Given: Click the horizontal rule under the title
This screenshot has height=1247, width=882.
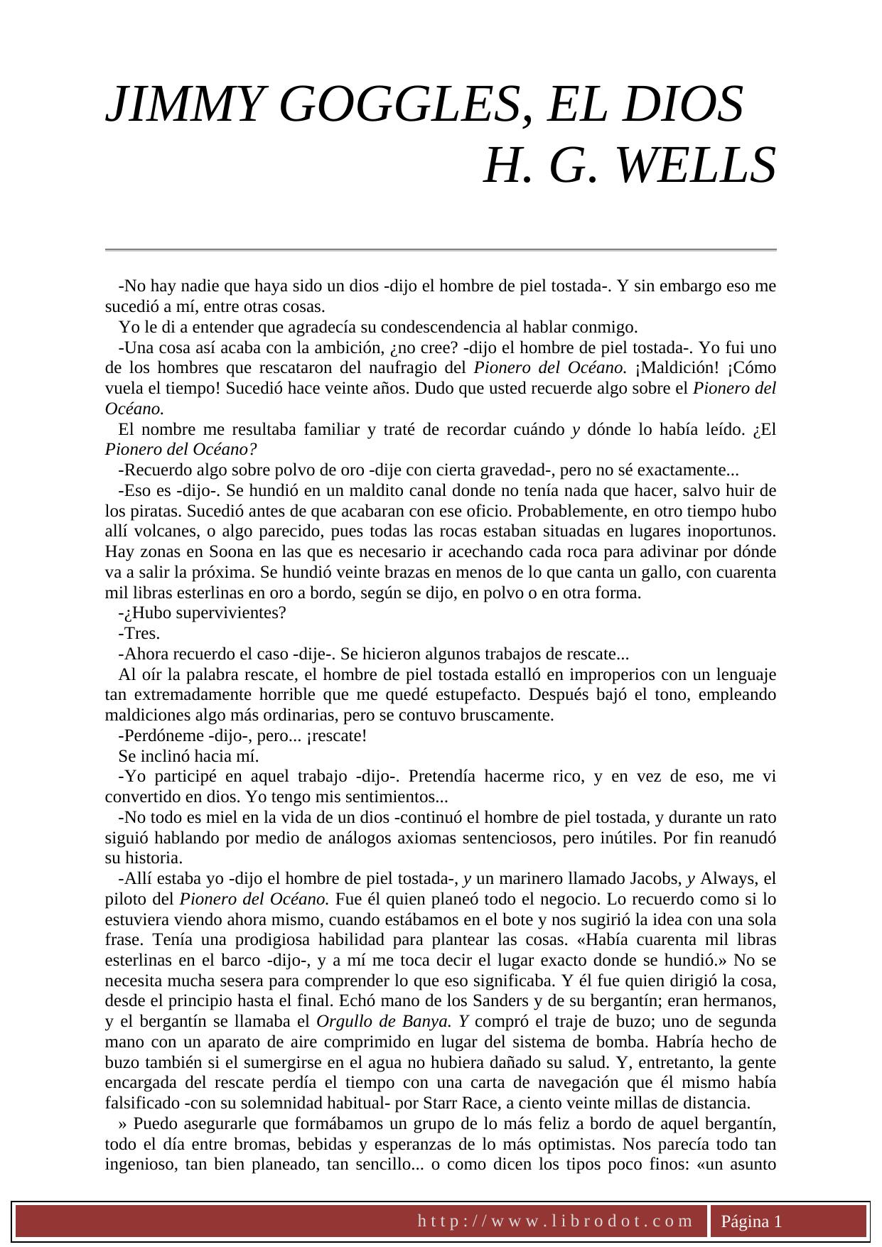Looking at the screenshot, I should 441,250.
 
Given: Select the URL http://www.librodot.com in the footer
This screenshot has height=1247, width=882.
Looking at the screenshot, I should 554,1221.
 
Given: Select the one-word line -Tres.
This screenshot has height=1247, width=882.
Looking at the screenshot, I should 139,634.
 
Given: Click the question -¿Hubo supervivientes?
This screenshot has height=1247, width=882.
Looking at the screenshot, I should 202,613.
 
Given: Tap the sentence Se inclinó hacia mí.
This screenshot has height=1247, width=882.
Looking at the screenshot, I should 188,757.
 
